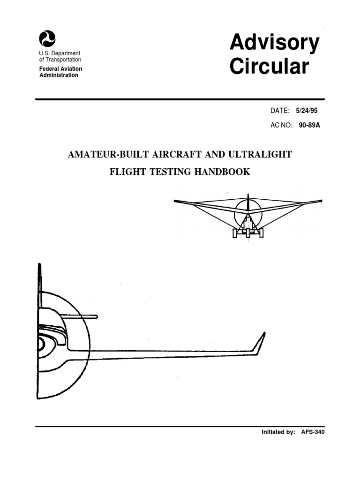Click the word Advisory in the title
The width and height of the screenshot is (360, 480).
tap(274, 44)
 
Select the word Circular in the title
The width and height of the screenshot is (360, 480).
tap(269, 67)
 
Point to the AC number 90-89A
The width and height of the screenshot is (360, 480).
tap(309, 126)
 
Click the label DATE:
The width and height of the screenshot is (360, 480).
tap(281, 111)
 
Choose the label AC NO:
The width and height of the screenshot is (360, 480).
tap(282, 126)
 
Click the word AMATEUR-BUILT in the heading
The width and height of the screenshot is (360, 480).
tap(106, 155)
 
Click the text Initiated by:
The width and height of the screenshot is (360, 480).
tap(278, 432)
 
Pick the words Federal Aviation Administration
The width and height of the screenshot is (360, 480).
tap(60, 72)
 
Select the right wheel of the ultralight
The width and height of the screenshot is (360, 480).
tap(261, 232)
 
